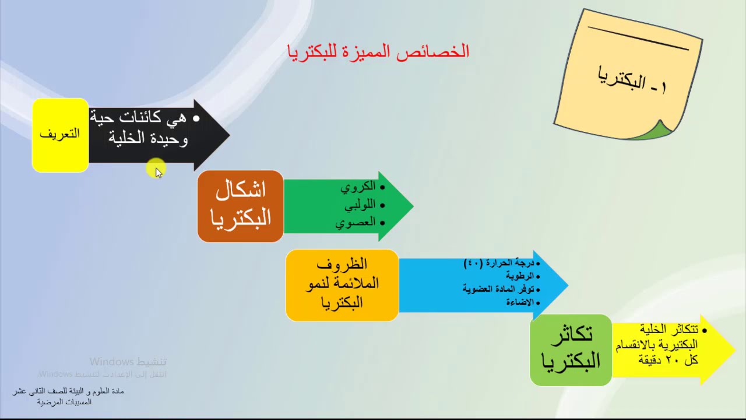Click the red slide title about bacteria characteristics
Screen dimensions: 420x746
click(378, 51)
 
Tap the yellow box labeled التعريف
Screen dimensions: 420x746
click(60, 135)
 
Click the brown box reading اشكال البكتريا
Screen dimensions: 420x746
click(240, 205)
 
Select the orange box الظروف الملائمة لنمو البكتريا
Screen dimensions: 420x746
click(342, 285)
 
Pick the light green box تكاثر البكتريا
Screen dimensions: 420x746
click(570, 349)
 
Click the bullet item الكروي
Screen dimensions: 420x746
click(358, 187)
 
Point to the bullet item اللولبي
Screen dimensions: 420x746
click(360, 205)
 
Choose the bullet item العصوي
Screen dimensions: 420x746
click(355, 223)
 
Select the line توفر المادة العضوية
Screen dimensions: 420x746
click(498, 289)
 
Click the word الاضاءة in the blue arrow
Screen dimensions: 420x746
click(520, 302)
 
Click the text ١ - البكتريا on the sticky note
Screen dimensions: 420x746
click(632, 81)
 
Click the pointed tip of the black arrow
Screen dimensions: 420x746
click(228, 135)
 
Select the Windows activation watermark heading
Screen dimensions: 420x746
click(128, 362)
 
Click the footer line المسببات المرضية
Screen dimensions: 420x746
click(64, 402)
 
